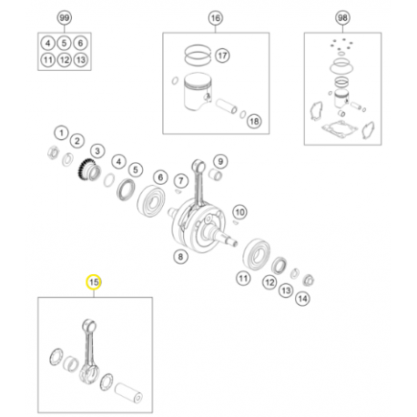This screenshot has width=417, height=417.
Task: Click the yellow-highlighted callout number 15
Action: (94, 282)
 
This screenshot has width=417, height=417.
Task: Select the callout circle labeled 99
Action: (65, 18)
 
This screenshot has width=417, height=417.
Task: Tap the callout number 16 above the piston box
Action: (215, 18)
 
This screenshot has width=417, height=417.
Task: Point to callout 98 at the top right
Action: (342, 18)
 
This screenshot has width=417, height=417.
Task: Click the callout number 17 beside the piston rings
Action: (222, 56)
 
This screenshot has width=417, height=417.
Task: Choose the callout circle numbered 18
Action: (254, 121)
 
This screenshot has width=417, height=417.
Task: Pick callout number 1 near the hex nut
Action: (62, 133)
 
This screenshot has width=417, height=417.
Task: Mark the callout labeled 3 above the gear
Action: (97, 151)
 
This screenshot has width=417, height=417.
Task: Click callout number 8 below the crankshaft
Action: (180, 257)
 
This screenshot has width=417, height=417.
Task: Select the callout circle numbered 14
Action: (302, 299)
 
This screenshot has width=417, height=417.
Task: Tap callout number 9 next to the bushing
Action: (220, 161)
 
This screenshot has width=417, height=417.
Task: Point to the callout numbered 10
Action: (239, 212)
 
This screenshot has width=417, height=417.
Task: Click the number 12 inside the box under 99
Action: (65, 60)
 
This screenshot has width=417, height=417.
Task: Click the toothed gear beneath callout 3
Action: (88, 172)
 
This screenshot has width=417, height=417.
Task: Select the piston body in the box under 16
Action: (198, 91)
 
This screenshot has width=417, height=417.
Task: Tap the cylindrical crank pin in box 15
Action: (128, 392)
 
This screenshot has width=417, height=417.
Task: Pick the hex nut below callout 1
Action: (54, 152)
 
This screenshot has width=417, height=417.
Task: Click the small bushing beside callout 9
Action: (216, 175)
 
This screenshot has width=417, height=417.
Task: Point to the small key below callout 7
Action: (178, 191)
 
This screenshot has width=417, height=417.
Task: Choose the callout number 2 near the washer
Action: (77, 141)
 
